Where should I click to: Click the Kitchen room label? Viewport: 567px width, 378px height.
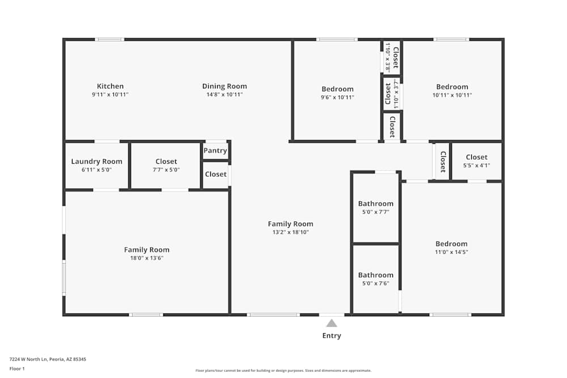pyautogui.click(x=111, y=86)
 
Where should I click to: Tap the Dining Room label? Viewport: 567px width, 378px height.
pyautogui.click(x=225, y=86)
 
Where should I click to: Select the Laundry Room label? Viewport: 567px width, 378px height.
pyautogui.click(x=96, y=162)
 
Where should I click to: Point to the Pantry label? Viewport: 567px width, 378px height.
pyautogui.click(x=215, y=151)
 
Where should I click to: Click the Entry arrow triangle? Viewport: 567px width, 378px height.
pyautogui.click(x=332, y=323)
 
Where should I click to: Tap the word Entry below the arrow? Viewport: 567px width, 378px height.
pyautogui.click(x=332, y=335)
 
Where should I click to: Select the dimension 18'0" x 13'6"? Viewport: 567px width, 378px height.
pyautogui.click(x=147, y=258)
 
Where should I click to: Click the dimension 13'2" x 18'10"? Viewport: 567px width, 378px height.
pyautogui.click(x=291, y=232)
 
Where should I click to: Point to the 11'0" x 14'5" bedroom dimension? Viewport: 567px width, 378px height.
pyautogui.click(x=451, y=252)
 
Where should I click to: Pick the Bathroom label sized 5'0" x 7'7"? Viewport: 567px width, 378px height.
pyautogui.click(x=376, y=203)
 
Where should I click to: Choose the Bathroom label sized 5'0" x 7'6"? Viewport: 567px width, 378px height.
pyautogui.click(x=376, y=275)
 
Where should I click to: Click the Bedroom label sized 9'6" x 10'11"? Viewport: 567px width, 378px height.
pyautogui.click(x=337, y=89)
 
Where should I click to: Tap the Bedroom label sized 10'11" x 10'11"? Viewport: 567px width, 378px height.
pyautogui.click(x=452, y=87)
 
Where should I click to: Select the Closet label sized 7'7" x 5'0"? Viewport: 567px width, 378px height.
pyautogui.click(x=166, y=162)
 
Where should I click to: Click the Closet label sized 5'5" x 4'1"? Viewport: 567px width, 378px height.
pyautogui.click(x=477, y=157)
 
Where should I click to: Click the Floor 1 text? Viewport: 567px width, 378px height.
pyautogui.click(x=17, y=368)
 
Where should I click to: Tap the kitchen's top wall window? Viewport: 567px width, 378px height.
pyautogui.click(x=109, y=40)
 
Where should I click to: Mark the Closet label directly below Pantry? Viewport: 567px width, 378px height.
pyautogui.click(x=216, y=174)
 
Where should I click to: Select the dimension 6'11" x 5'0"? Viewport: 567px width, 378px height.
pyautogui.click(x=96, y=170)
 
